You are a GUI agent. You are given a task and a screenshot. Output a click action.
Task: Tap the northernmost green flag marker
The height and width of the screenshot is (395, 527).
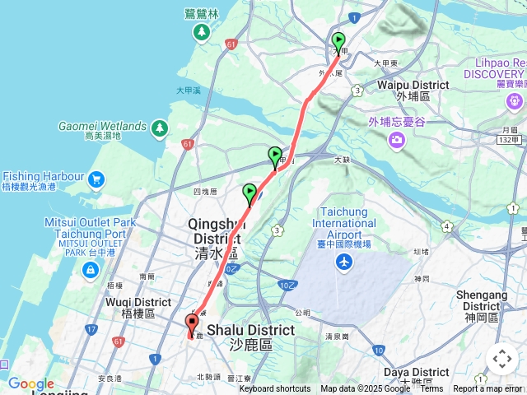338,41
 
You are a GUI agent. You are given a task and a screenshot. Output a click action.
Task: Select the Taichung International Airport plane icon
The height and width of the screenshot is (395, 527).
343,263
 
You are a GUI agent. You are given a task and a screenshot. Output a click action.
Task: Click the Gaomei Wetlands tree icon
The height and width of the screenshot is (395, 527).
159,128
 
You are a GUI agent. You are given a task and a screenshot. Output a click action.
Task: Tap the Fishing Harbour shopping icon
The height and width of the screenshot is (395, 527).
96,178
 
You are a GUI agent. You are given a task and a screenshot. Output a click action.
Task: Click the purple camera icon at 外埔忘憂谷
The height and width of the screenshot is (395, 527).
397,140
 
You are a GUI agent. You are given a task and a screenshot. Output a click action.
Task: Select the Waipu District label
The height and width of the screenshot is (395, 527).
413,91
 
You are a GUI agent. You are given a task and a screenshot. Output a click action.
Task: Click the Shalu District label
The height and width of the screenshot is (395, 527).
250,337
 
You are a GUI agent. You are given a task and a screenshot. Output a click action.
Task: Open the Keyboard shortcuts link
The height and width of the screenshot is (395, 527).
275,389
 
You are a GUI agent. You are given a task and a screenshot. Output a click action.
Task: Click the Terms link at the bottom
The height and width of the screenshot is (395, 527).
431,389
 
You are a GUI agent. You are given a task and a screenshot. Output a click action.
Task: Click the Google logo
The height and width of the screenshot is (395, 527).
31,383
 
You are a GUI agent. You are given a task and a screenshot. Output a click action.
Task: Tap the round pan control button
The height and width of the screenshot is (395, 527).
501,359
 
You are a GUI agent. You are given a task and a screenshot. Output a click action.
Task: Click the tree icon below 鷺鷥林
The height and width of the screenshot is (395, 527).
202,32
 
